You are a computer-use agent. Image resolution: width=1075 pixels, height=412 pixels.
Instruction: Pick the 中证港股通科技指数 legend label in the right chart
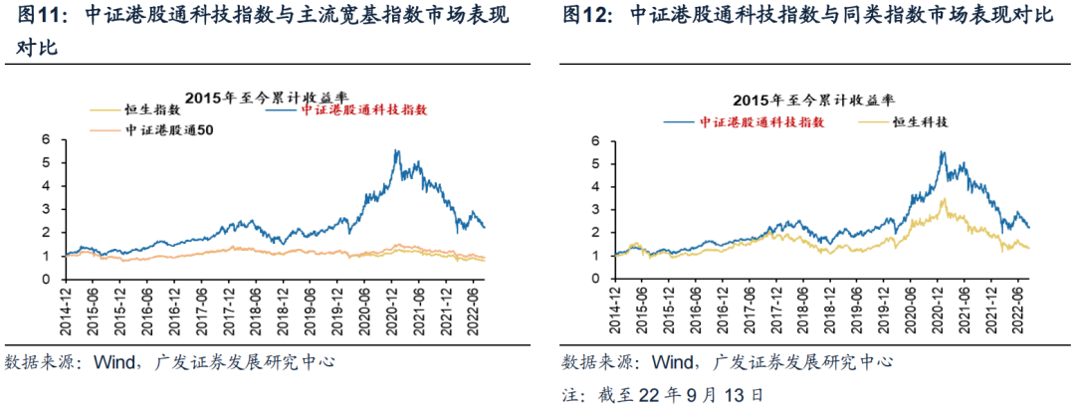[760, 122]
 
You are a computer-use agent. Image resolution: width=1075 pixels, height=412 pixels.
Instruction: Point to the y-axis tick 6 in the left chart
[47, 139]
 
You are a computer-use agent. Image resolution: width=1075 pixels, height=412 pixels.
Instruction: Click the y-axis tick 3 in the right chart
[597, 209]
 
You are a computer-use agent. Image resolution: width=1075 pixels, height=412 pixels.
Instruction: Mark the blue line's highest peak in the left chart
[395, 149]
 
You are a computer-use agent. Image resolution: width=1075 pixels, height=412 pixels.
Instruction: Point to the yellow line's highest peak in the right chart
[944, 198]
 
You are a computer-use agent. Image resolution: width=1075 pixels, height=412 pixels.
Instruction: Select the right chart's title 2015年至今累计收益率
[812, 101]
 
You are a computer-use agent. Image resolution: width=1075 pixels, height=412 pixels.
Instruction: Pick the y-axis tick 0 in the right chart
[597, 279]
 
